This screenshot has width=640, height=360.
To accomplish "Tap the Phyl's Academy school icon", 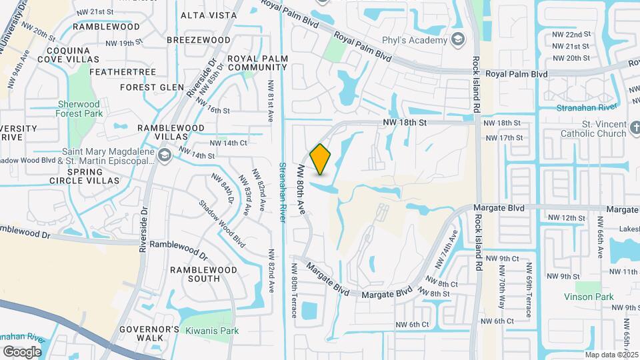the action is click(457, 40).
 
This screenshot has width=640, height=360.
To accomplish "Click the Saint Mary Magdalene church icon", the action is click(165, 155).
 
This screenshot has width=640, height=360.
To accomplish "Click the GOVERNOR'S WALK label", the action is click(149, 333).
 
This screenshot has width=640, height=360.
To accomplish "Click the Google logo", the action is click(22, 351).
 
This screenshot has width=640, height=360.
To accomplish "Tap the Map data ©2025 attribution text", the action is click(608, 355).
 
